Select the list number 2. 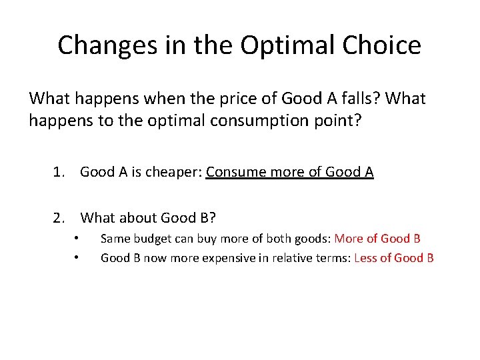point(60,217)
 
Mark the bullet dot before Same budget point(77,238)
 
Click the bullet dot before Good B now point(77,257)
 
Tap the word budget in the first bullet point(154,238)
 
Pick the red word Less point(367,257)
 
